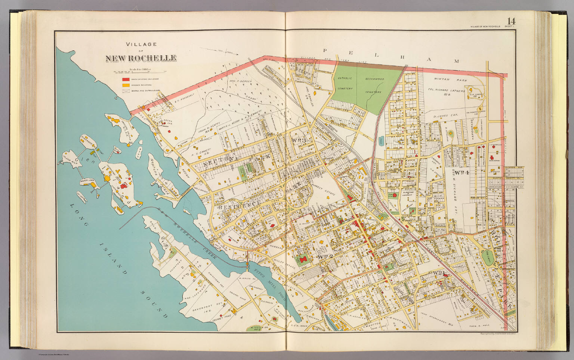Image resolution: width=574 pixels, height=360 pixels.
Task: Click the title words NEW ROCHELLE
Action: (141, 58)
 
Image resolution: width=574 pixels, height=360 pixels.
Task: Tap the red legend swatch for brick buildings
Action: (126, 80)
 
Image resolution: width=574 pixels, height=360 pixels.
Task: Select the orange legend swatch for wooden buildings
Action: (126, 85)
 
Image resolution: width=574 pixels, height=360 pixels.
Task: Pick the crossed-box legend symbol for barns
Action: (126, 91)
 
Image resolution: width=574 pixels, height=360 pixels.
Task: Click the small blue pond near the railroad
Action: (380, 140)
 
